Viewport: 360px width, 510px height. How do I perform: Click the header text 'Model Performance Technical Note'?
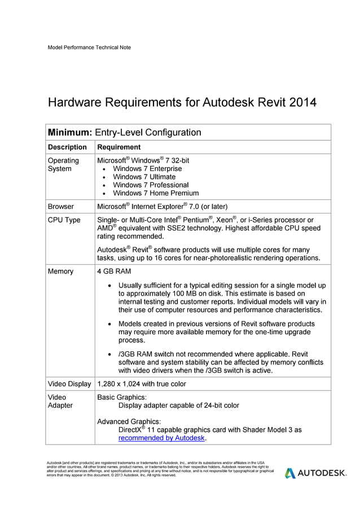[x=89, y=47]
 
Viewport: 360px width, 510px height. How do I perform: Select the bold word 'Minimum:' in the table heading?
[x=69, y=133]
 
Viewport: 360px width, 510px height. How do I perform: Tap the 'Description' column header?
[x=67, y=147]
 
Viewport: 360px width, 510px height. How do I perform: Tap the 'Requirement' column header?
[x=119, y=147]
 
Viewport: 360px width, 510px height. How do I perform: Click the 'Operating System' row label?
[x=63, y=164]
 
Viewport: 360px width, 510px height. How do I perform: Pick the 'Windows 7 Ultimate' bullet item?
[x=144, y=177]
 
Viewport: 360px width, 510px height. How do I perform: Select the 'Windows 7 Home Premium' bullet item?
[x=156, y=193]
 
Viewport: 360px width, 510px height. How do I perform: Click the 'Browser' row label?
[x=60, y=207]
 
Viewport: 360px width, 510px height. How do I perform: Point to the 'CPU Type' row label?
[x=64, y=220]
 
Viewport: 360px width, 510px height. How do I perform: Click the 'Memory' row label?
[x=60, y=272]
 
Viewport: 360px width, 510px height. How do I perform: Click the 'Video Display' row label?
[x=69, y=384]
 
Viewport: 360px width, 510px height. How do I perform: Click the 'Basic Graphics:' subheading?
[x=122, y=397]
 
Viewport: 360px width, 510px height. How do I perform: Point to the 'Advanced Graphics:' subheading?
[x=129, y=421]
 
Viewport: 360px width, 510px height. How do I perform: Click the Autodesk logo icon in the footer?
[x=289, y=473]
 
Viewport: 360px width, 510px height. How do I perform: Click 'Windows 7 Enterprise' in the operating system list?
[x=147, y=169]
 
